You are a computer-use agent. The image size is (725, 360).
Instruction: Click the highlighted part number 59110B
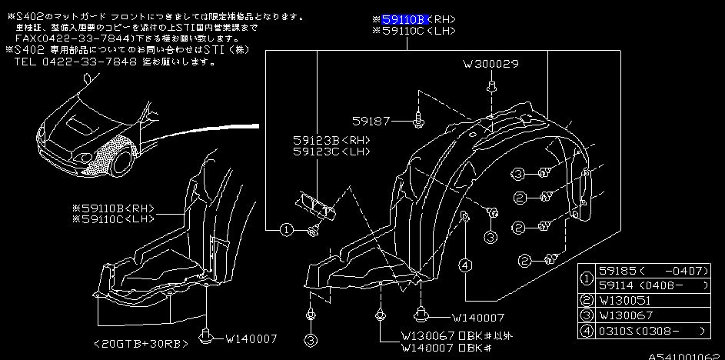pos(404,18)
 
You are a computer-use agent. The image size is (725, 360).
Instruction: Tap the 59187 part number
pos(372,121)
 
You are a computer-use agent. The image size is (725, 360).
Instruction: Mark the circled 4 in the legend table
pos(587,330)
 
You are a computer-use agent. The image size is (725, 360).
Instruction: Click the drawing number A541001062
pos(684,355)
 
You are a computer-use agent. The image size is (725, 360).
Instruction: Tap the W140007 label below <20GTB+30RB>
pos(248,337)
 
